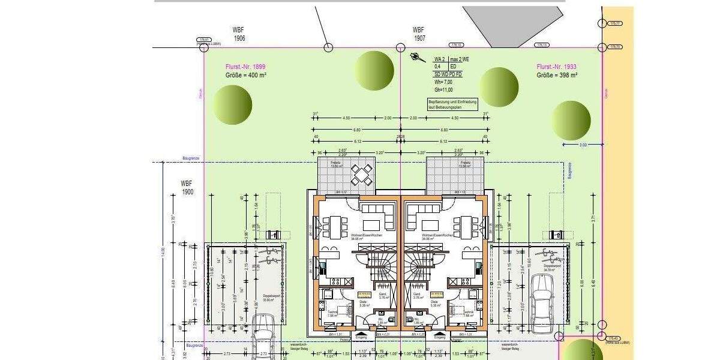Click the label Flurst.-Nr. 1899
(x=245, y=67)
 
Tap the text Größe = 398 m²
(x=557, y=75)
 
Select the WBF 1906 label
(x=239, y=34)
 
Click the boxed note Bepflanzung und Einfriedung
(x=452, y=104)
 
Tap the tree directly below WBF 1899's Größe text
(x=232, y=105)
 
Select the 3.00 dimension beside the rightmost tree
(x=583, y=145)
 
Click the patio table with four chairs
(x=362, y=175)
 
